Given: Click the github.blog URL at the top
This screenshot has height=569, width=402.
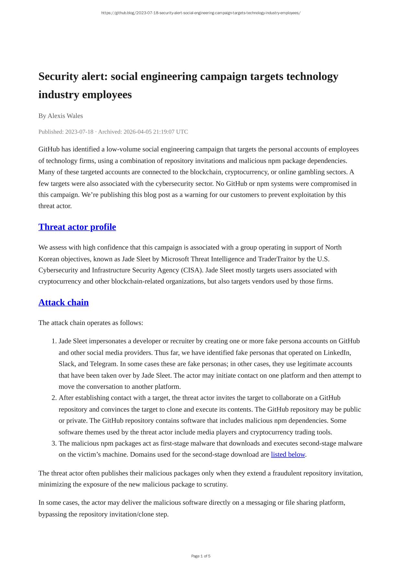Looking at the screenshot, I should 201,13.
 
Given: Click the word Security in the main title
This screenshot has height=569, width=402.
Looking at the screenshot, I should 57,76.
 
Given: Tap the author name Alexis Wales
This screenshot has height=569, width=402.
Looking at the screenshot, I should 65,116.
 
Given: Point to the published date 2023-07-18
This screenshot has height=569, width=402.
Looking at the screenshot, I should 79,132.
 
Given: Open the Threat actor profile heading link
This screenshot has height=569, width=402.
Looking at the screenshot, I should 77,227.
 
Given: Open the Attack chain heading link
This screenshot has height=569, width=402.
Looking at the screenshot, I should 63,302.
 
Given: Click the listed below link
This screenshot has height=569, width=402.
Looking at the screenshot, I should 288,454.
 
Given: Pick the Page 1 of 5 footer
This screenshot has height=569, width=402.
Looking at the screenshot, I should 201,556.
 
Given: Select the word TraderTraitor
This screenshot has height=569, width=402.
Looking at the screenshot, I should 277,259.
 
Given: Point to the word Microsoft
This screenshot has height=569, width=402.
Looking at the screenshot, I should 175,259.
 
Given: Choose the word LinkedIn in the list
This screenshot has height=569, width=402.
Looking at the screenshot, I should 337,353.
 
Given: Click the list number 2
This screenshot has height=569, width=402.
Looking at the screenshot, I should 54,398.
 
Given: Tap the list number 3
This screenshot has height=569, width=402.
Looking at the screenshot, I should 54,443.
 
